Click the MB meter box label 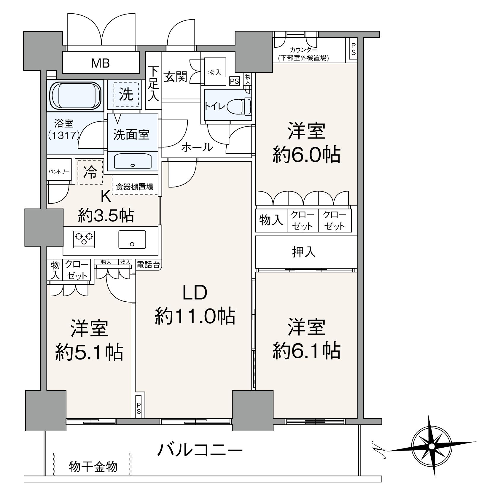[x=100, y=63]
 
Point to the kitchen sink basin [x=132, y=240]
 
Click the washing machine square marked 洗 [x=126, y=95]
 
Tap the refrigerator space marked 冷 [x=90, y=172]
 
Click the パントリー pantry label [x=59, y=172]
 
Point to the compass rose [x=432, y=446]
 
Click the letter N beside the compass [x=378, y=450]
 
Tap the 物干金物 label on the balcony [x=93, y=467]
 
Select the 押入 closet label [x=304, y=252]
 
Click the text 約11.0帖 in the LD [x=195, y=316]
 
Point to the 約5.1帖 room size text [x=89, y=352]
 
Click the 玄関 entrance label [x=176, y=77]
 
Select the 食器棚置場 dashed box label [x=135, y=187]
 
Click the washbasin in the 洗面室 [x=133, y=161]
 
